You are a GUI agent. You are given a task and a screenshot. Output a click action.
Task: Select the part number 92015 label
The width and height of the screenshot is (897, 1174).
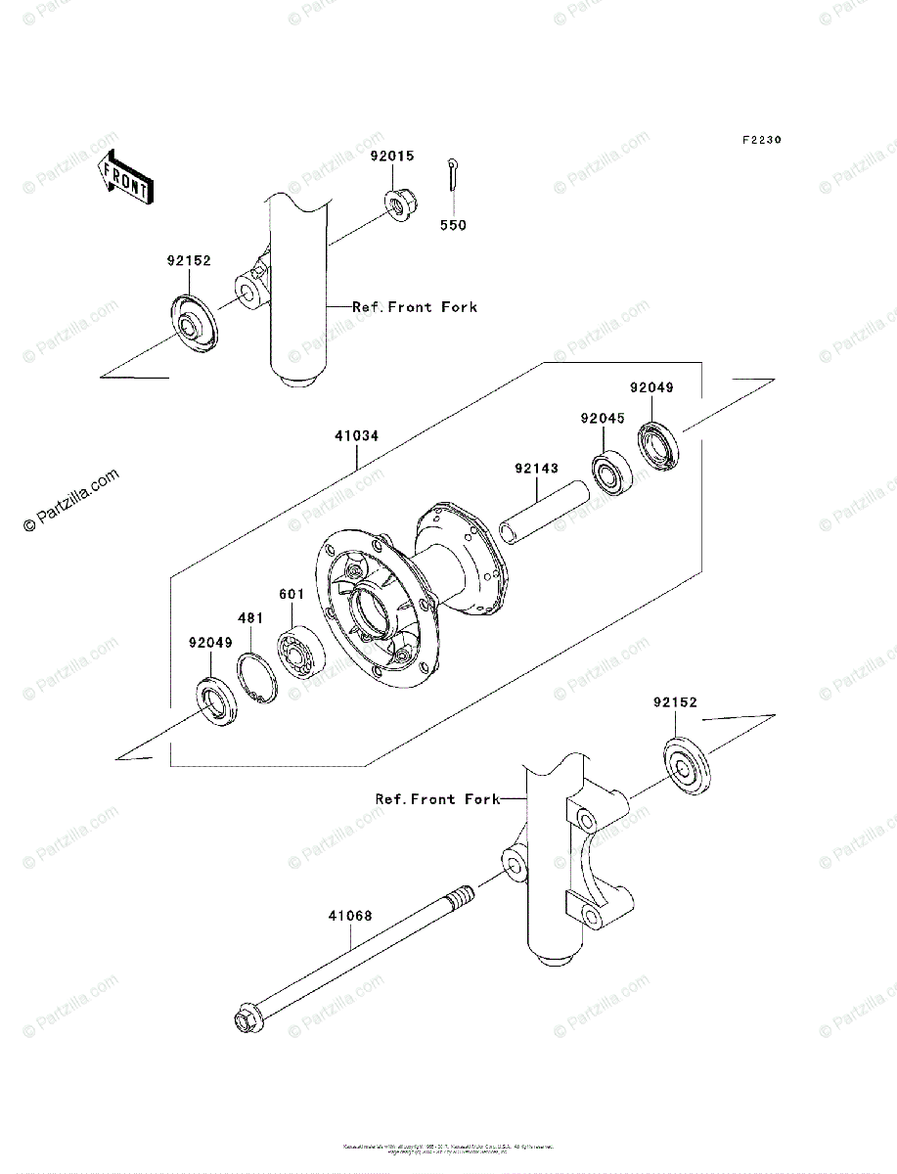tap(391, 156)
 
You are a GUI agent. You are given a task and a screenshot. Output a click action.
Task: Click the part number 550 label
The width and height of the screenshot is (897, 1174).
tap(452, 225)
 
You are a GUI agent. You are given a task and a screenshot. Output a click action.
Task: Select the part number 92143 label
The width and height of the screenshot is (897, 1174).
tap(536, 469)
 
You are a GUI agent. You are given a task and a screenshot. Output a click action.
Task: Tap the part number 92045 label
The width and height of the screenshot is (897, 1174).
tap(602, 418)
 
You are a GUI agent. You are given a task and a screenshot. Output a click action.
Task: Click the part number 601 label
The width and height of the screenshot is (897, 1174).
tap(292, 594)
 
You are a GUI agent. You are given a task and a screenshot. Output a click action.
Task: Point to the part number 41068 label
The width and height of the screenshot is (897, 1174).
tap(349, 917)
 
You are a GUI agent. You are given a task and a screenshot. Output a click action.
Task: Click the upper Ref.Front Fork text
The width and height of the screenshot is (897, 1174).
tap(415, 307)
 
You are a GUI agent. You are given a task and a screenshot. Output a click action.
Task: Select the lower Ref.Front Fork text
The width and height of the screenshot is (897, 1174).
tap(437, 799)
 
